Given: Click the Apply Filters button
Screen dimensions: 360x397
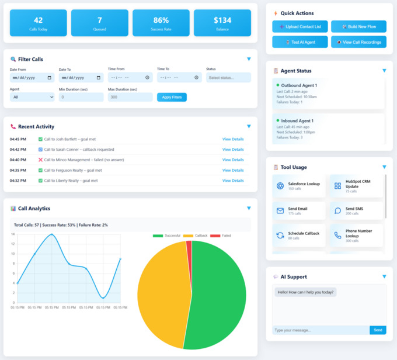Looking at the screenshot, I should point(172,97).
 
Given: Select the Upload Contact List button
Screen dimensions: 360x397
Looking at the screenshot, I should point(300,27).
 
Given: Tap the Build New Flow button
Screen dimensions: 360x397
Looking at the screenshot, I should point(358,27).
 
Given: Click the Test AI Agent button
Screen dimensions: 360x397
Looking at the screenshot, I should point(300,42).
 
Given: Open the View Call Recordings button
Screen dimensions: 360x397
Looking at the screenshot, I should point(358,42).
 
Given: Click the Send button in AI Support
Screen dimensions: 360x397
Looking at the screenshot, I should point(378,330).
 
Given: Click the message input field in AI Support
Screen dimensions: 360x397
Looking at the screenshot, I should point(321,330).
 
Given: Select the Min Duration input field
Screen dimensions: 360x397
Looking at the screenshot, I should point(81,97).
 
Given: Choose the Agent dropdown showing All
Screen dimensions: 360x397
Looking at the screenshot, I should point(32,97).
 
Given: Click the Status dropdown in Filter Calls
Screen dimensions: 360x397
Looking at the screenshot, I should point(228,77).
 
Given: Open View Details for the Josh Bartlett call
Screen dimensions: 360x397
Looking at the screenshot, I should point(233,139).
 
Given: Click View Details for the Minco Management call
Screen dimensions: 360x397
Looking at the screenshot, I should point(233,160).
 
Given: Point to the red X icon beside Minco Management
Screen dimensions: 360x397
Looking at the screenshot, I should point(40,160).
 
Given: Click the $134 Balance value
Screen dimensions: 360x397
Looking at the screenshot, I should point(222,20).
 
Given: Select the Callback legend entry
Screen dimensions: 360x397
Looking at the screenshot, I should point(196,236).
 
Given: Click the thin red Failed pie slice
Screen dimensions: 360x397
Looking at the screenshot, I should point(189,247).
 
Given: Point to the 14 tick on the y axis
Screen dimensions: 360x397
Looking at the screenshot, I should point(13,234).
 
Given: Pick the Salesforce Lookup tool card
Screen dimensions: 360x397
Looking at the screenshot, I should point(298,186).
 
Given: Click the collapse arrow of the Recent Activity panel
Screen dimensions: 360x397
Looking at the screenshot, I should point(249,126).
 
